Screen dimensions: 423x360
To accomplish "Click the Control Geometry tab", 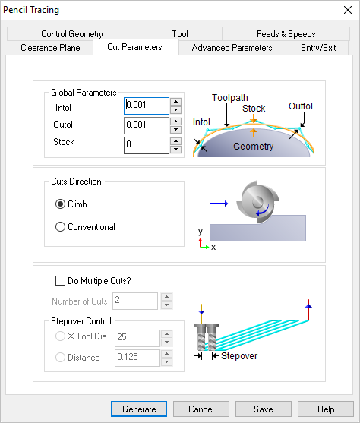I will tap(72, 34).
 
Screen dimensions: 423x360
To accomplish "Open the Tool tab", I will tap(180, 34).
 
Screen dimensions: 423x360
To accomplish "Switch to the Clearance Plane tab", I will tap(49, 48).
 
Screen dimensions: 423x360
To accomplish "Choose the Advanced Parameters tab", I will tap(232, 48).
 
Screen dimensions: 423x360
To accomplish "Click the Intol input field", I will tap(146, 106).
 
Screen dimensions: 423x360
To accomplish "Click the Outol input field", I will tap(146, 125).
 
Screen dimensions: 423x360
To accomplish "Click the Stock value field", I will tap(146, 144).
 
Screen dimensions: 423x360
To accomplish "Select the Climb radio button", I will tap(61, 204).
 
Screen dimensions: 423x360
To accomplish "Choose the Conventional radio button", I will tap(61, 227).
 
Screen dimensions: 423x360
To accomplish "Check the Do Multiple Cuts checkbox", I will tap(61, 280).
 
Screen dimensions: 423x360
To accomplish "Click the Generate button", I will tap(139, 409).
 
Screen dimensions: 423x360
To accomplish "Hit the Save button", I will tap(263, 409).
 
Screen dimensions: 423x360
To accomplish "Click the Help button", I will tap(326, 409).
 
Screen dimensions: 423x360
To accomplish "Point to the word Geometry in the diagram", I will tap(253, 147).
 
